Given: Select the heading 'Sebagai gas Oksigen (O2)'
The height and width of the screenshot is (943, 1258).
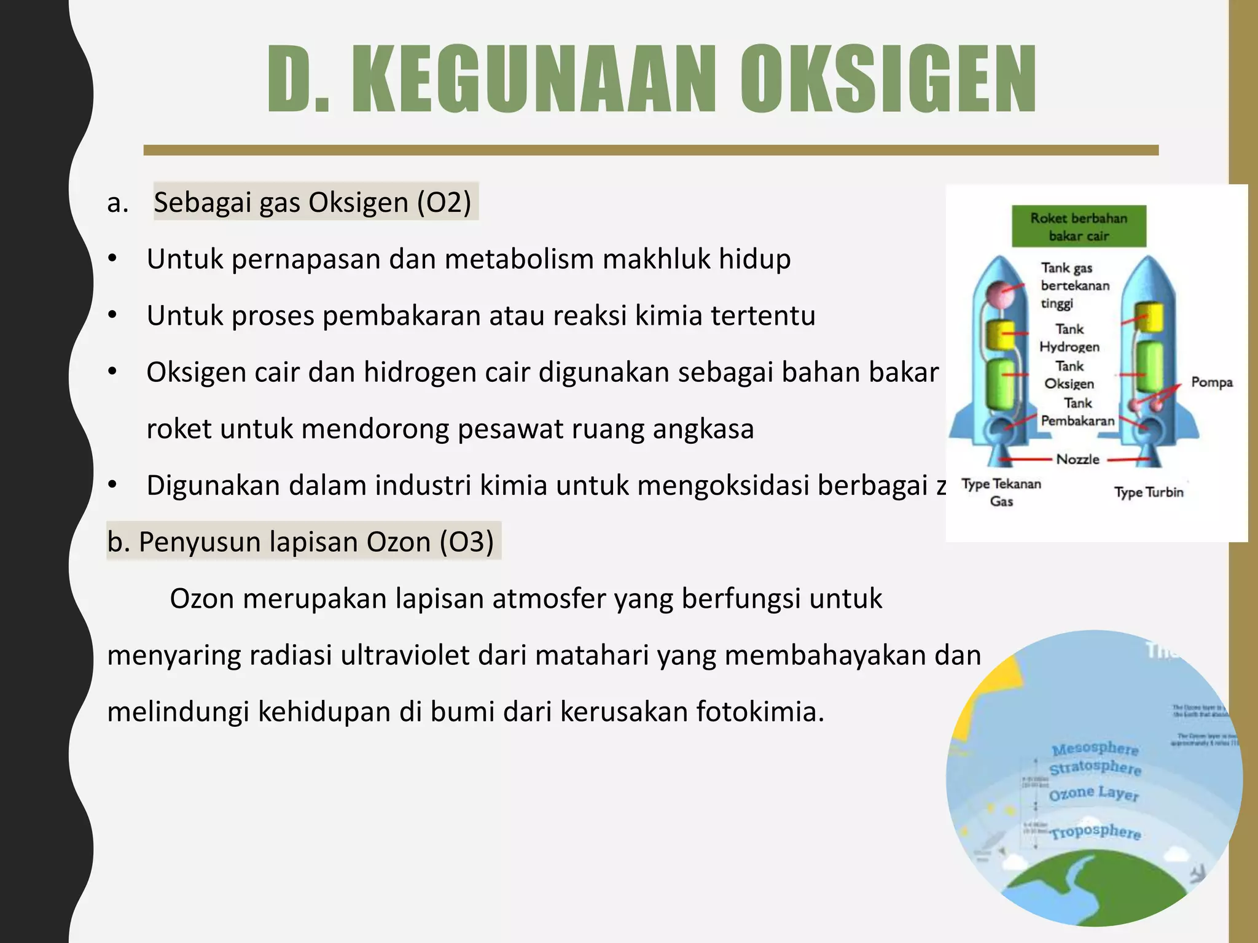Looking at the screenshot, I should click(313, 202).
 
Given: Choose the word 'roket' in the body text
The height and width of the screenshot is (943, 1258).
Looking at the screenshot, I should click(179, 429).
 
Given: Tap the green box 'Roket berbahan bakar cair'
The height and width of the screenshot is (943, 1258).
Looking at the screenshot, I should click(1079, 227).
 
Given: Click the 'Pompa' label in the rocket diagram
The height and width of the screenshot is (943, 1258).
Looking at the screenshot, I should click(1211, 382).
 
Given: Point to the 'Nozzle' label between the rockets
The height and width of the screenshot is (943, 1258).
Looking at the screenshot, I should click(1077, 459).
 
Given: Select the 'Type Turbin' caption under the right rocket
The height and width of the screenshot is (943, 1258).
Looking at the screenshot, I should click(1148, 492).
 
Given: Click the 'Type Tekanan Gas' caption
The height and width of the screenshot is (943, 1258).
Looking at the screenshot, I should click(1001, 492).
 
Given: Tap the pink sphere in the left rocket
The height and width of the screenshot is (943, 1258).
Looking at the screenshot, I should click(999, 295).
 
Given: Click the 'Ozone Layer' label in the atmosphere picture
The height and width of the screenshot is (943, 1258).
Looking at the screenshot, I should click(1093, 793).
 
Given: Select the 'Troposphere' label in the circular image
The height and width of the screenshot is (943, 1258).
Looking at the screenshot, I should click(1095, 832).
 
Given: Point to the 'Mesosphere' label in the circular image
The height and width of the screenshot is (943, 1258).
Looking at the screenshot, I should click(1095, 749).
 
